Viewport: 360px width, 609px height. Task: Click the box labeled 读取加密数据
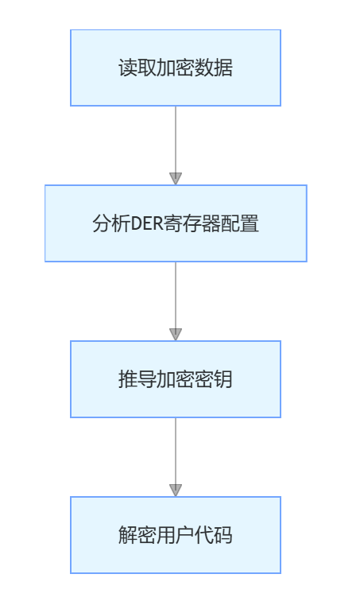coord(176,68)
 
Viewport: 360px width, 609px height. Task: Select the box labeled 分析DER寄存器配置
coord(176,223)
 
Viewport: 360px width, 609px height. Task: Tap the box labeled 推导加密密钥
coord(176,379)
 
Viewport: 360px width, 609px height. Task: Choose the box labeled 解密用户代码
coord(176,535)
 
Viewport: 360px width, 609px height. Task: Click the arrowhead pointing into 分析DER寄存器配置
coord(176,179)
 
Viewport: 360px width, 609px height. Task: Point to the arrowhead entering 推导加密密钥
coord(176,335)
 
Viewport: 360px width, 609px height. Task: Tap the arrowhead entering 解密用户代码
coord(176,491)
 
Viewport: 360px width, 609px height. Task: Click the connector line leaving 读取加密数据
coord(176,140)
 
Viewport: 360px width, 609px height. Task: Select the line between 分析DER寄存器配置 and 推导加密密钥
coord(176,296)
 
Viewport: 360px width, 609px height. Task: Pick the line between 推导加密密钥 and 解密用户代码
coord(176,452)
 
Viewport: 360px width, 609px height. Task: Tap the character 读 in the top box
coord(128,68)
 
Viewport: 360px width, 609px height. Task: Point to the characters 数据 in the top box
coord(213,68)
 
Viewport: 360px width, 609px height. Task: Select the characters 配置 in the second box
coord(240,223)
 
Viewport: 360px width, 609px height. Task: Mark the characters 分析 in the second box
coord(111,223)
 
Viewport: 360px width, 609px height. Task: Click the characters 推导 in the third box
coord(137,379)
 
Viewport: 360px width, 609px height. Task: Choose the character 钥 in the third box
coord(223,379)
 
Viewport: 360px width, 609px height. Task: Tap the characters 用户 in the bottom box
coord(175,535)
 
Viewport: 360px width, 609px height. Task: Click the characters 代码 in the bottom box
coord(213,535)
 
